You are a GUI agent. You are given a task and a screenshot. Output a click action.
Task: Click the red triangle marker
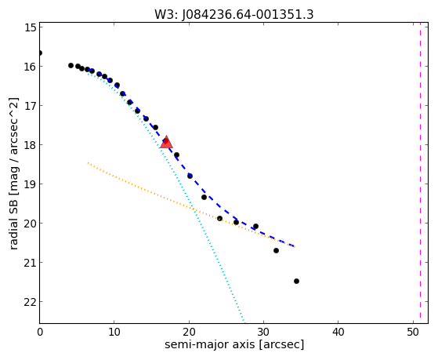tap(166, 142)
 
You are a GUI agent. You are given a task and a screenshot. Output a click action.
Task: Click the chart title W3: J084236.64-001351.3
tap(234, 15)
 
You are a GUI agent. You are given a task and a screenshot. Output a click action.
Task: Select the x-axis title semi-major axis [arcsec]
tap(234, 344)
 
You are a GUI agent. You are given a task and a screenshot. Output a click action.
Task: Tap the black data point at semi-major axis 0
tap(40, 53)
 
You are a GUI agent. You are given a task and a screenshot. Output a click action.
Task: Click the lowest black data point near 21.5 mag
tap(296, 281)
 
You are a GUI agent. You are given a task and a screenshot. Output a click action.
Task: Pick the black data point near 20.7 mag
tap(276, 251)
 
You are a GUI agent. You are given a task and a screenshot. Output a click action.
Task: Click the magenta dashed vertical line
tap(420, 173)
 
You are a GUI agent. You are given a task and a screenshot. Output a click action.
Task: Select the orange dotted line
tap(191, 205)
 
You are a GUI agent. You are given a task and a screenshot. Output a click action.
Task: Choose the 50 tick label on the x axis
tap(413, 332)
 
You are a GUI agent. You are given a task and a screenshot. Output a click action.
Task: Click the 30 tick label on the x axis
tap(263, 332)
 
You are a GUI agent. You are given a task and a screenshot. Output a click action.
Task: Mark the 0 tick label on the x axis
tap(40, 332)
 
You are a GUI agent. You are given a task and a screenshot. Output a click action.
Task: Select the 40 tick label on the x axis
tap(338, 332)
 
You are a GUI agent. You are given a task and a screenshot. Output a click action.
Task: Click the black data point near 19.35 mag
tap(204, 197)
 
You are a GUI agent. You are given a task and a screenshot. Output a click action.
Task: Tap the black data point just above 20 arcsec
tap(190, 176)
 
